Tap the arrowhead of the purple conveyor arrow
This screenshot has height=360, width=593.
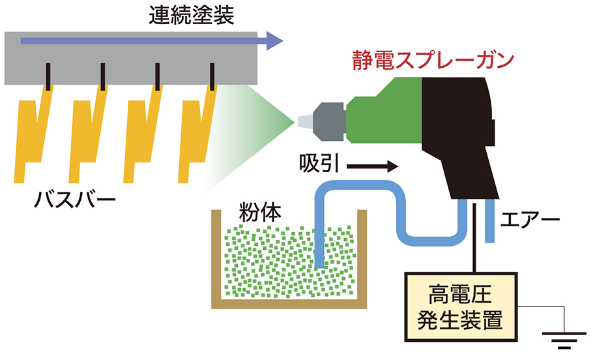(276, 42)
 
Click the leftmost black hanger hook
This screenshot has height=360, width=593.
(48, 76)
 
